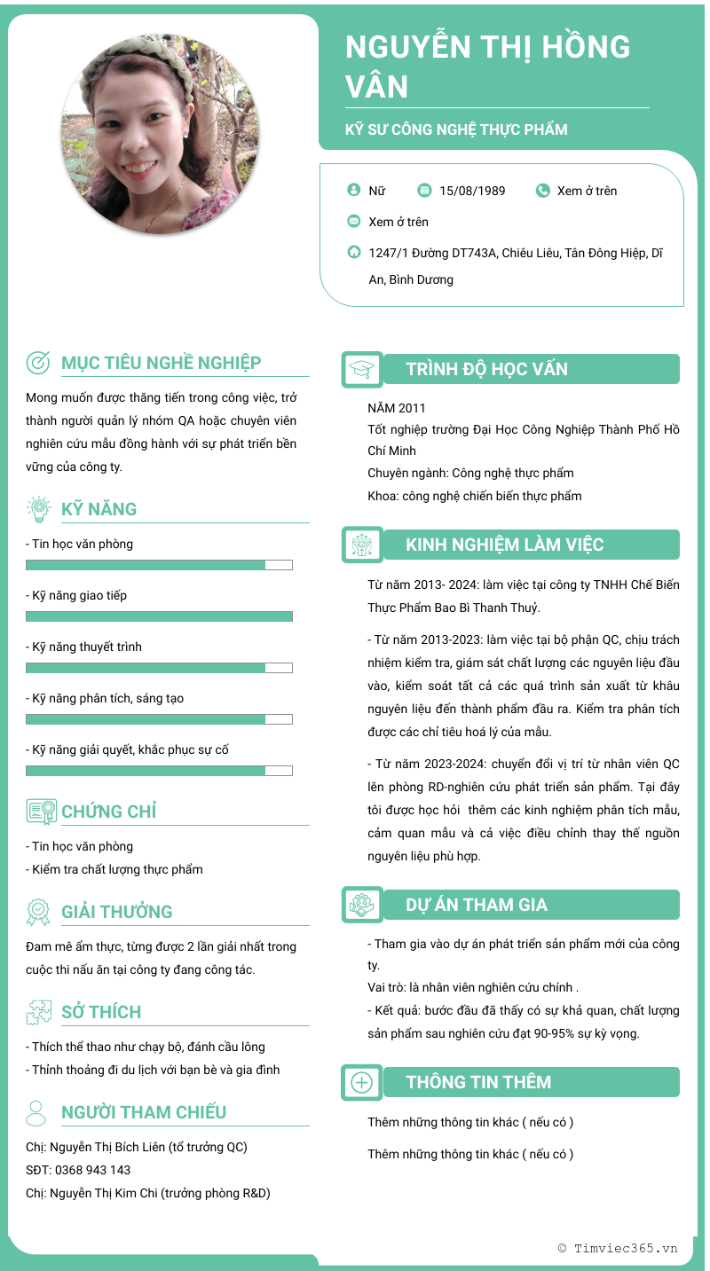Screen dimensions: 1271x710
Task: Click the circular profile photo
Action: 161,134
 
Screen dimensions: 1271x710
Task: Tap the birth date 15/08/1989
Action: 472,191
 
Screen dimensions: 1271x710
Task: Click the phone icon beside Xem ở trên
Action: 543,191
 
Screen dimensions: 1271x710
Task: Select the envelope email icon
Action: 354,222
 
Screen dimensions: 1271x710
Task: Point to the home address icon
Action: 354,253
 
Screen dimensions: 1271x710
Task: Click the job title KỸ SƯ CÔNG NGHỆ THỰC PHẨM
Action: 456,129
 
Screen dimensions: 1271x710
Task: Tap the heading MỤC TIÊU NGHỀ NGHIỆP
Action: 161,363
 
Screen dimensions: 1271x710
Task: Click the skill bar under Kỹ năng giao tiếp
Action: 159,616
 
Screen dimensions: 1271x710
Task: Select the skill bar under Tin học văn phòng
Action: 159,565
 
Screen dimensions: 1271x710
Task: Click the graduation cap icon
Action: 362,370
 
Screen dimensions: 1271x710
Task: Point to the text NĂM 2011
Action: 397,408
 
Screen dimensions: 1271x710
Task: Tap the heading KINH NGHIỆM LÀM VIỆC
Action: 504,545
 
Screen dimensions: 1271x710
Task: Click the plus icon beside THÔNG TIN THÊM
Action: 362,1083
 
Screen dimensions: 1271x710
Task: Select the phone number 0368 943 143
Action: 92,1170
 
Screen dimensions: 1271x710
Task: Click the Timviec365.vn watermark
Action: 618,1248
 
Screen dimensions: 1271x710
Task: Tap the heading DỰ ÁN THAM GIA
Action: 477,905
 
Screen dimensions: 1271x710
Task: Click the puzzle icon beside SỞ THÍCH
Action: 39,1012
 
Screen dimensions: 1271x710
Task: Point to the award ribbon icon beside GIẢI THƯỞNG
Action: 39,912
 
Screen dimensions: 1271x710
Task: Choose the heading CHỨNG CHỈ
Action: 108,812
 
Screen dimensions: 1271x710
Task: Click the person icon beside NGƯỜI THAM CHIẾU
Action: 36,1113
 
